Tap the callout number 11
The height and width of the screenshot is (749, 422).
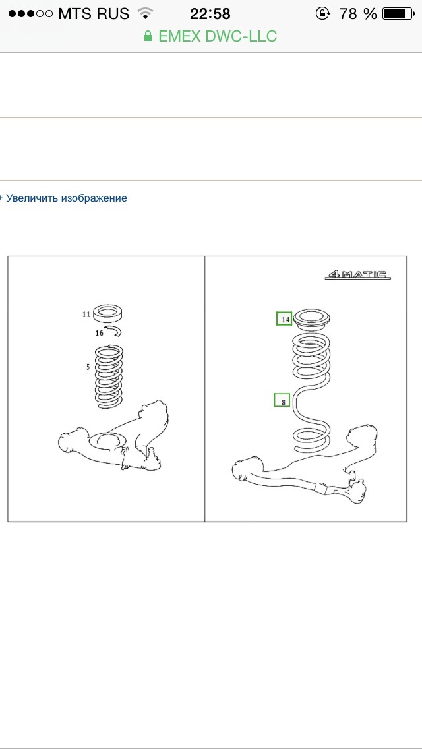coord(86,315)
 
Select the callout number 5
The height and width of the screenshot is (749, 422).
coord(88,367)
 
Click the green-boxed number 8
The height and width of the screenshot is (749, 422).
coord(282,400)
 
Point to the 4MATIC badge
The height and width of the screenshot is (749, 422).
coord(357,275)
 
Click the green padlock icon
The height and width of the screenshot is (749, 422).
coord(148,36)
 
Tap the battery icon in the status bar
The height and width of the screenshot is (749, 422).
coord(398,14)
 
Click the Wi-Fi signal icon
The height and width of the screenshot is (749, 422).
coord(144,13)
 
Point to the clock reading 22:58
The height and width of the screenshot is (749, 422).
coord(210,14)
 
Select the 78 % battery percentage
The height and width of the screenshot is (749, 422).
coord(358,14)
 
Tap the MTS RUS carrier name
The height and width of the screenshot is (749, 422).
coord(94,14)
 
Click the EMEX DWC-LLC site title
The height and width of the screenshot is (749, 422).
coord(218,36)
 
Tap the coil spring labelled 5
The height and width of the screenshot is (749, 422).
coord(109,376)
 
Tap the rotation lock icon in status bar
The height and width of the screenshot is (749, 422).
coord(322,13)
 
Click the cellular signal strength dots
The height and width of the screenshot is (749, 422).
coord(31,14)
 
